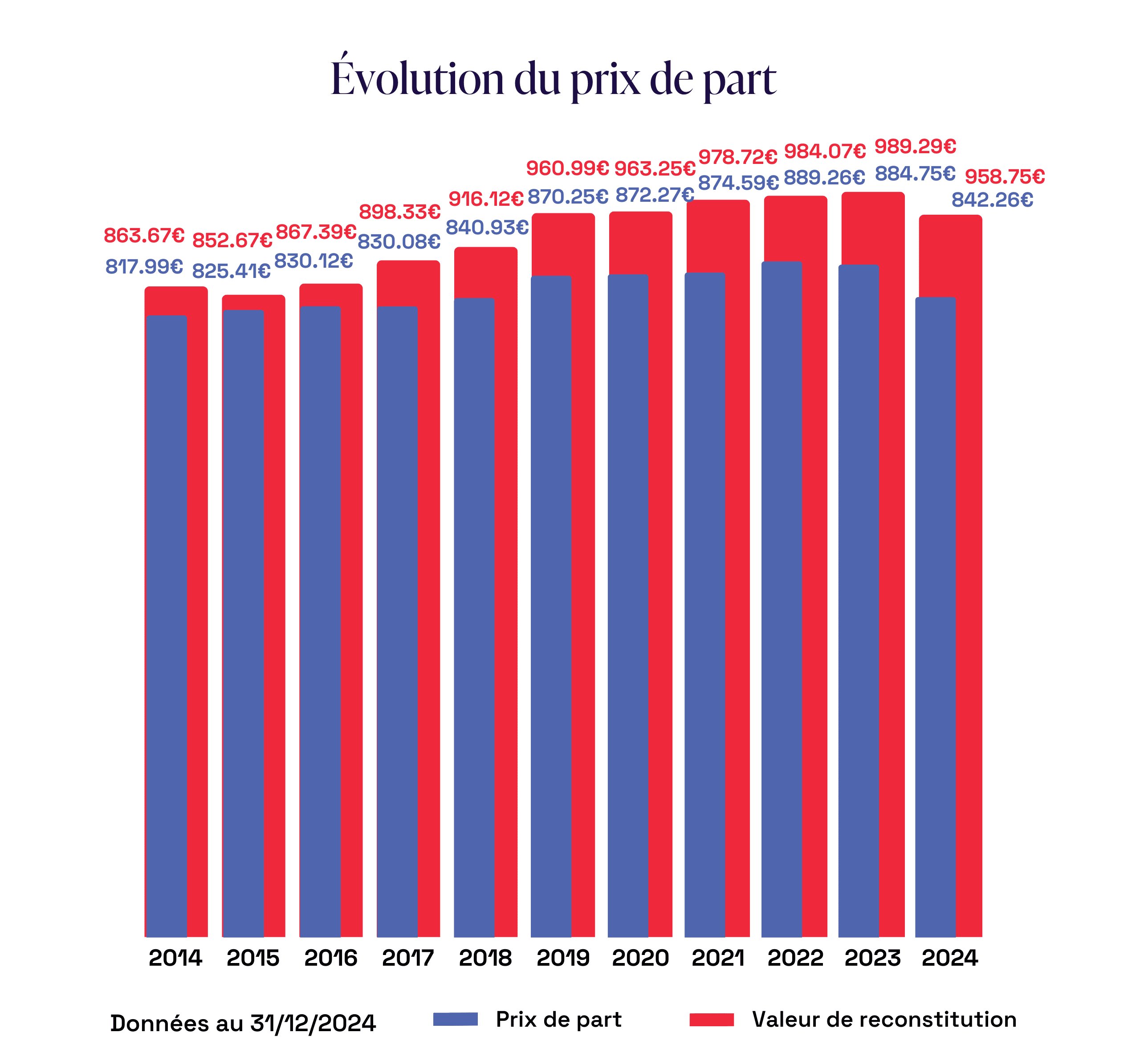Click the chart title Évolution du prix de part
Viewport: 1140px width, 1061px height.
click(554, 78)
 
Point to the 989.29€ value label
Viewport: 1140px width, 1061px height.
click(915, 147)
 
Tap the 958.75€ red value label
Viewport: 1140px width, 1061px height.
click(1005, 177)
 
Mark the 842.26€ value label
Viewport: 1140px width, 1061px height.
click(992, 200)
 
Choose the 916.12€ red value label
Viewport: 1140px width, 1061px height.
click(486, 199)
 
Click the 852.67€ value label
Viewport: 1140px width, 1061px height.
click(232, 240)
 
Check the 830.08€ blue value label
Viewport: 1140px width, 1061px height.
click(399, 242)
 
